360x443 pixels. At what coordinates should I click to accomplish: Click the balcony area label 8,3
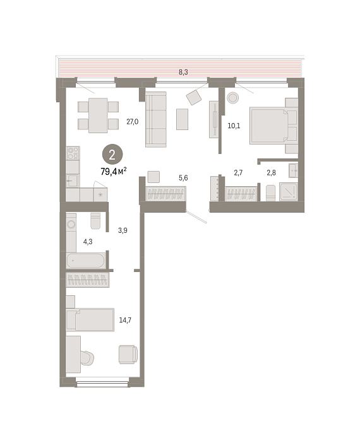pos(183,72)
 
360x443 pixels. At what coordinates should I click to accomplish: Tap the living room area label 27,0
pos(133,122)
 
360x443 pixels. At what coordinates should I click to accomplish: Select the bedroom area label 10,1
pos(234,126)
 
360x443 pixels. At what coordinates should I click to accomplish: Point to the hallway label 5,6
pos(183,178)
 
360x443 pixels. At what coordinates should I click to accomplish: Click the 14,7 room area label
pos(125,320)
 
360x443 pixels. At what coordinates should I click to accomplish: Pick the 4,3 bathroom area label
pos(88,242)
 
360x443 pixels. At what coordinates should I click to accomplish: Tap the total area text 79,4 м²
pos(114,171)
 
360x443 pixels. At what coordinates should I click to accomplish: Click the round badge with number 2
pos(112,155)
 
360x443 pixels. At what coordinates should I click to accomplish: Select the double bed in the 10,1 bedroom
pos(273,126)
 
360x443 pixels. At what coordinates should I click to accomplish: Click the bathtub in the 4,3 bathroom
pos(86,261)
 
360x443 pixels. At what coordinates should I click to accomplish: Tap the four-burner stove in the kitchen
pos(73,153)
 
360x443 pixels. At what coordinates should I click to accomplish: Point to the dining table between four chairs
pos(98,115)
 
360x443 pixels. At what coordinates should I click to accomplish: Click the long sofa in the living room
pos(156,119)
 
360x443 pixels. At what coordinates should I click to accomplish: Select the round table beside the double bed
pos(233,98)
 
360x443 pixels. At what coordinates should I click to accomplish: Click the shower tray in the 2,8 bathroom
pos(289,192)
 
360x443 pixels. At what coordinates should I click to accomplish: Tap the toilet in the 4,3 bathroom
pos(95,221)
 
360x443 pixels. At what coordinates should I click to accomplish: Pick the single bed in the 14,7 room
pos(90,319)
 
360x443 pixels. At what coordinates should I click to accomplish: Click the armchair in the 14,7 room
pos(128,354)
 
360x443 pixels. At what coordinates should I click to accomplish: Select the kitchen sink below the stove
pos(73,181)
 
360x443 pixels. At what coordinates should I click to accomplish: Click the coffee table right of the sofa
pos(182,119)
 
